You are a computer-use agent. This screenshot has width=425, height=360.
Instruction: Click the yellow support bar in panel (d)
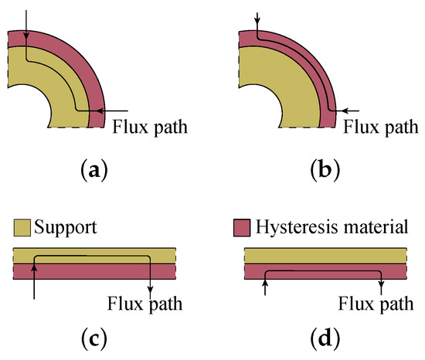point(325,256)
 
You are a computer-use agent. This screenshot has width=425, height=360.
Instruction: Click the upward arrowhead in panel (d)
point(265,285)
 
